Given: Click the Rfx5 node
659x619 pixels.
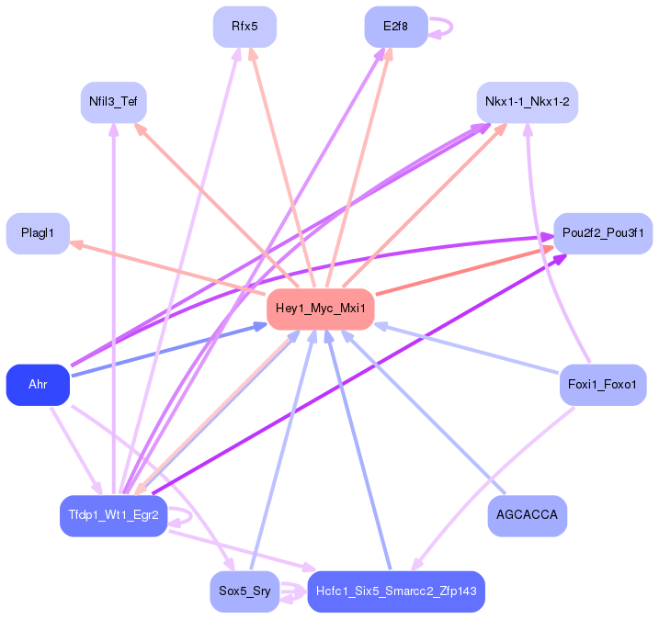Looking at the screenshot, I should pos(244,27).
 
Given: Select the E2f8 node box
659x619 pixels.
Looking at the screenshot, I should pos(396,27).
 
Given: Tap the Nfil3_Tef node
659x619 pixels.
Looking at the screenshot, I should pos(113,102).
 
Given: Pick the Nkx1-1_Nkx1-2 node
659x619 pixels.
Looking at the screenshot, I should pos(527,102).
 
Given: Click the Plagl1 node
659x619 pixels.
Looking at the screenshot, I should pos(38,233).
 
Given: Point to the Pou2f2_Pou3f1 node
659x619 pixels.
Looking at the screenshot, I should pos(603,233).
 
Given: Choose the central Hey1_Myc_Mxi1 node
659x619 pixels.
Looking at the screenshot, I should pos(321,309).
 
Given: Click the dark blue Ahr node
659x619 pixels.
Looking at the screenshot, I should pos(38,384).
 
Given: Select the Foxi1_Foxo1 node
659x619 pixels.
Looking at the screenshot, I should pos(603,384).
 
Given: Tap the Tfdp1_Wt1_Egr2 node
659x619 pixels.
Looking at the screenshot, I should pos(113,515).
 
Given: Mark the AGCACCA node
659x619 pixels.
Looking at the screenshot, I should pos(527,515).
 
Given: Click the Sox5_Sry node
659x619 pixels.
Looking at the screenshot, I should pos(244,591).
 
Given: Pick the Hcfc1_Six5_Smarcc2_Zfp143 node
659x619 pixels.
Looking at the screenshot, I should pos(396,591).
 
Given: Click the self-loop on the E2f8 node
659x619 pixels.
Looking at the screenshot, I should pos(442,27).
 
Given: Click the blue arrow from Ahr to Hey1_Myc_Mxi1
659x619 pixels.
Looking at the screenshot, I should pos(165,350).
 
